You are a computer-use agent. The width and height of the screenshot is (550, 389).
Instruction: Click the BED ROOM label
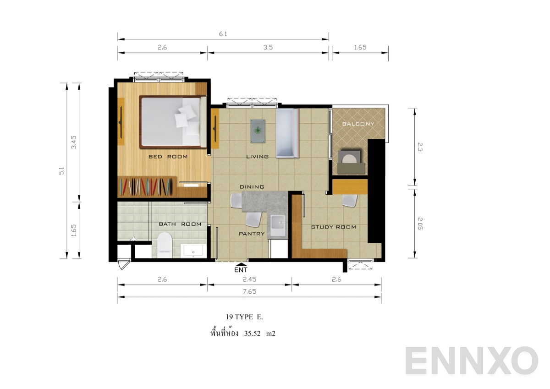tap(168, 157)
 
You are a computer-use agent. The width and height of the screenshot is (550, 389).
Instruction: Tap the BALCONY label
tap(358, 124)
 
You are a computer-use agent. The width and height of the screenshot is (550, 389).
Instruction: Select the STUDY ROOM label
tap(334, 227)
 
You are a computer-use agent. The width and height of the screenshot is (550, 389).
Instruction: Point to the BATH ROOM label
tap(180, 224)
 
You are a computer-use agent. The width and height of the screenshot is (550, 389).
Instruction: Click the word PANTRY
tap(252, 234)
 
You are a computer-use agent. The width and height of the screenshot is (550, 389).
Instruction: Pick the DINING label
tap(252, 187)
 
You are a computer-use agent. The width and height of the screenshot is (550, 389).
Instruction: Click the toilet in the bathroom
tap(164, 245)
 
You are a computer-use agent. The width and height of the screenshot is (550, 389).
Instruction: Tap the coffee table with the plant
tap(258, 131)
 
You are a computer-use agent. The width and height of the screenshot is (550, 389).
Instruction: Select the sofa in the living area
tap(287, 133)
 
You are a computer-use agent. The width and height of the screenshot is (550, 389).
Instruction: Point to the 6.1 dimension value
tap(223, 34)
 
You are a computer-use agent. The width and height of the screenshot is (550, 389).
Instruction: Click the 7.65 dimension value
tap(249, 291)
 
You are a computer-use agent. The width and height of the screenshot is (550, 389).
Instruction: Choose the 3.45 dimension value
tap(74, 142)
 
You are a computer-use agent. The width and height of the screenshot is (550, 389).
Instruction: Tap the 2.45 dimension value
tap(249, 279)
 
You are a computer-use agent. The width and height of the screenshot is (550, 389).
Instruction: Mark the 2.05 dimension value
tap(420, 224)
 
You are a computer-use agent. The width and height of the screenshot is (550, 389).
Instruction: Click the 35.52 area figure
tap(252, 334)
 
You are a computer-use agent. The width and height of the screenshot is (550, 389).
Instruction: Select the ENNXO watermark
tap(472, 361)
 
